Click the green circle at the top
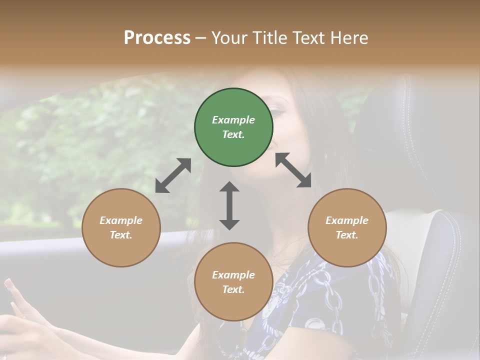[x=233, y=127]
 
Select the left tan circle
[x=121, y=227]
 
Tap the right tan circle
[x=347, y=227]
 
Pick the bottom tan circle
[x=233, y=282]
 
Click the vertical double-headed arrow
[x=229, y=205]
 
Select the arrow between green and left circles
[x=173, y=175]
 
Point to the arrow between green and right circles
[x=293, y=170]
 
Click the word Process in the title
[x=157, y=37]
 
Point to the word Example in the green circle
[x=233, y=120]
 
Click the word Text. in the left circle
[x=121, y=235]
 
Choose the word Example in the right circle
[x=347, y=220]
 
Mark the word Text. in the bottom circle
[x=233, y=289]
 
